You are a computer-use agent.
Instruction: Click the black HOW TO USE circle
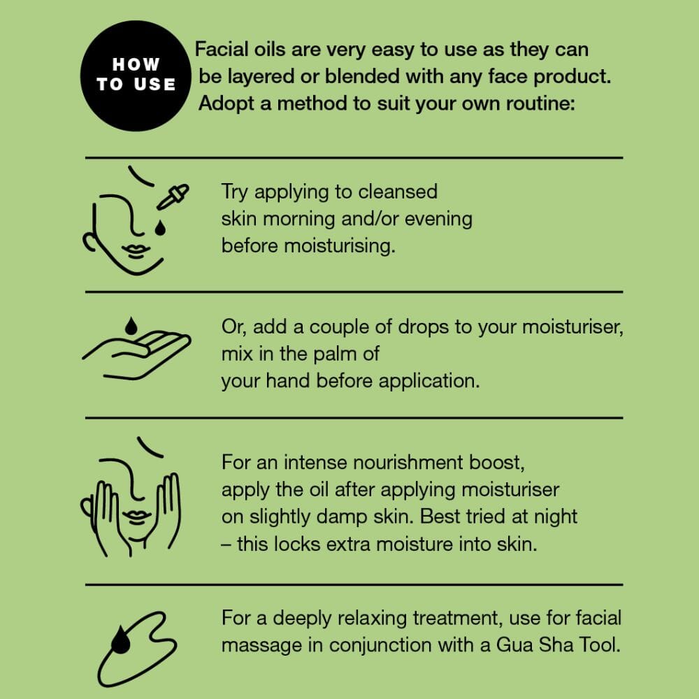point(136,75)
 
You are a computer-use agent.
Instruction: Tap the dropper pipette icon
point(173,196)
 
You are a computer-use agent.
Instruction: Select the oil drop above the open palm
point(131,326)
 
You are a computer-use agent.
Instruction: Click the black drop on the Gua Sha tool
point(120,640)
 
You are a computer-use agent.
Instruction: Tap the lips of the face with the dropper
point(136,251)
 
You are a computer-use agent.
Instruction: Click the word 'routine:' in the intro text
point(541,103)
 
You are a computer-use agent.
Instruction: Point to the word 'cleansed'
point(398,192)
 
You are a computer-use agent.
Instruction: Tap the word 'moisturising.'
point(340,245)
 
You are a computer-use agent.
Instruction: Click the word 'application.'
point(429,381)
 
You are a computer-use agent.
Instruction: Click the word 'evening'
point(438,219)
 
